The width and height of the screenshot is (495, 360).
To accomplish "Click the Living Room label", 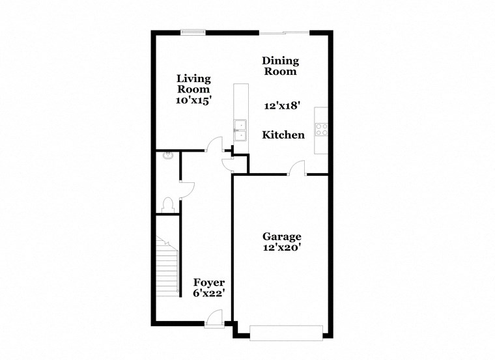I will tap(193, 84).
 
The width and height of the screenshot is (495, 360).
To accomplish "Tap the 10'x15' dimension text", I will tap(193, 101).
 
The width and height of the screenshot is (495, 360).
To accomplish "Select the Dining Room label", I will tap(281, 66).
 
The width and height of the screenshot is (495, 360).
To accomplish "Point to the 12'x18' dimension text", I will tap(281, 105).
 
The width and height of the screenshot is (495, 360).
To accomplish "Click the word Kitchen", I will tap(283, 135).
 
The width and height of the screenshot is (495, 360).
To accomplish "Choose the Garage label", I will tap(281, 236).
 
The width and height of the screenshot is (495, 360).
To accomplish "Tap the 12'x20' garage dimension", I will tap(281, 247).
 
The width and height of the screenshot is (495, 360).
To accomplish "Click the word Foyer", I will tap(209, 283).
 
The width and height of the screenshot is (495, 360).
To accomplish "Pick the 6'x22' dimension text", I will tap(209, 294).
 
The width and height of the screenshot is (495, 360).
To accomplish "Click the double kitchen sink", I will tap(240, 130).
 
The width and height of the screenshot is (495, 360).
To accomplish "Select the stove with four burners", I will tap(320, 129).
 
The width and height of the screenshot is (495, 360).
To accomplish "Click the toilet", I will tap(168, 204).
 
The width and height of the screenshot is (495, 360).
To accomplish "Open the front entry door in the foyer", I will tap(213, 318).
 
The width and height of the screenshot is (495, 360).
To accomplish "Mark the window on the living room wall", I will tap(193, 31).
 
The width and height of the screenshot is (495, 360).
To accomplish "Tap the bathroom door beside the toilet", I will tap(186, 189).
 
